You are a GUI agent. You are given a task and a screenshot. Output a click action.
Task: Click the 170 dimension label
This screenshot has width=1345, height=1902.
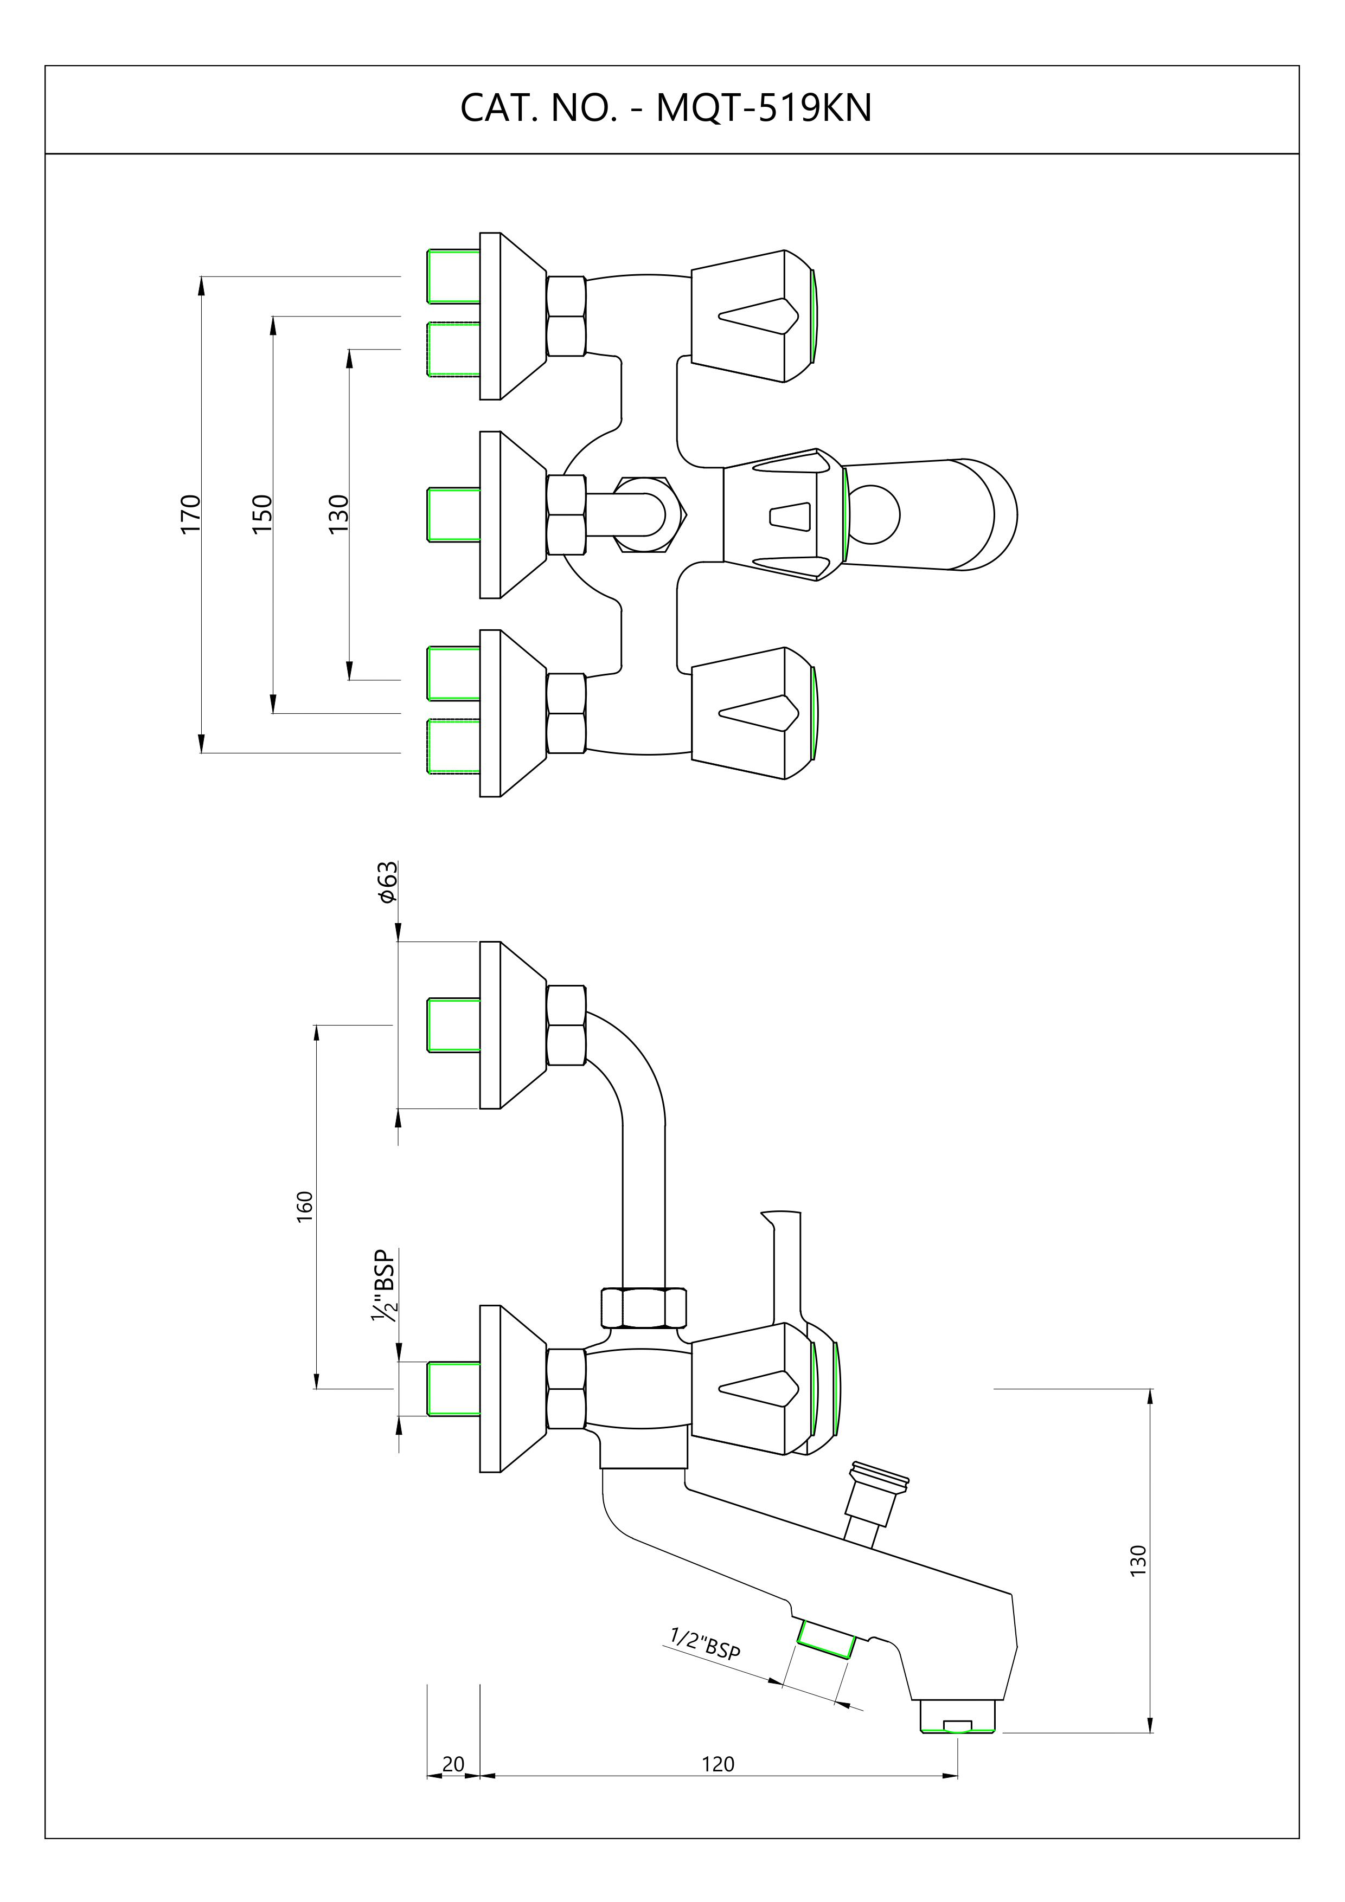(x=190, y=514)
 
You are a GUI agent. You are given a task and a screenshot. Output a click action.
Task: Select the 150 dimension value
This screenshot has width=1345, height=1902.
(x=262, y=514)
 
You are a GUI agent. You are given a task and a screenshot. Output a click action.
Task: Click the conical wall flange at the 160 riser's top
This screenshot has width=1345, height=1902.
(x=513, y=1025)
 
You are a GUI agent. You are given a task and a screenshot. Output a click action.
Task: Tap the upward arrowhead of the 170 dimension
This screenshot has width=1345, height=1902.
(x=201, y=284)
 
